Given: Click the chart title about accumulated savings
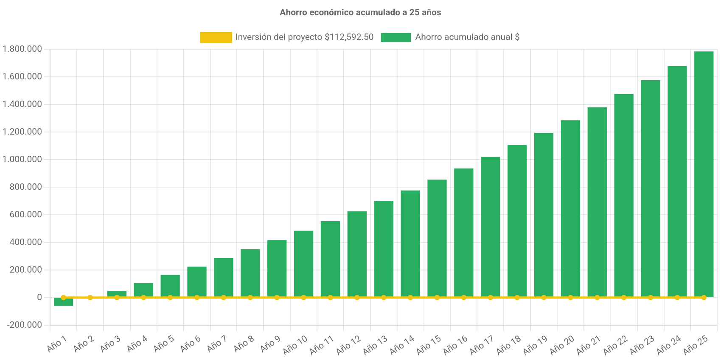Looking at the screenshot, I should (x=360, y=12).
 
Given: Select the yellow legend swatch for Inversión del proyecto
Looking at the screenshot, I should (x=216, y=37).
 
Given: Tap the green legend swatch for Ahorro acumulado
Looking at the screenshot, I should (x=396, y=37).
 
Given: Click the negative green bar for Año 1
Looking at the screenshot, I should (x=63, y=303).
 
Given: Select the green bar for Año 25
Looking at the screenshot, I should (x=704, y=174).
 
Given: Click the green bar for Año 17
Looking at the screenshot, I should (x=490, y=227).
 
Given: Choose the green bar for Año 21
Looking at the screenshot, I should (x=597, y=202).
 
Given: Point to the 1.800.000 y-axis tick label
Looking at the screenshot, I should (x=22, y=49).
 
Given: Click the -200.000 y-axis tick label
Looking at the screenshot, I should (x=24, y=325).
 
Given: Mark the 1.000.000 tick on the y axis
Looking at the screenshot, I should (x=22, y=159).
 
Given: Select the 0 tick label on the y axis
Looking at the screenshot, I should (x=39, y=297).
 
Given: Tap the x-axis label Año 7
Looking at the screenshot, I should (x=217, y=343).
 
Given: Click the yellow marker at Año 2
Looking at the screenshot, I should (x=90, y=297).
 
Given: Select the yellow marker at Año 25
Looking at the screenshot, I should (x=704, y=297).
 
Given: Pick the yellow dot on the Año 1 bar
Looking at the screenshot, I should (x=63, y=297).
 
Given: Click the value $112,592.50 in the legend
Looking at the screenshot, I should (x=349, y=37).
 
